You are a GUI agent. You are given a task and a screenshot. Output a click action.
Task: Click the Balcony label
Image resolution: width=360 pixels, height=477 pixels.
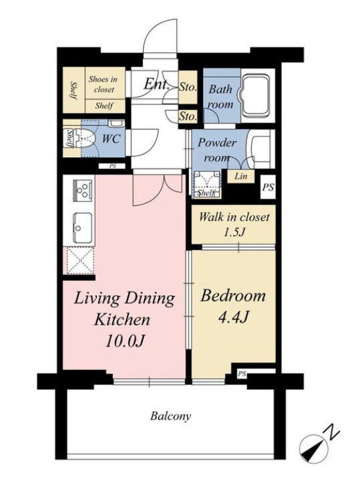(170, 416)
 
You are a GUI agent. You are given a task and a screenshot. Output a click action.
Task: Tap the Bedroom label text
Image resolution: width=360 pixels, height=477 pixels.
(232, 296)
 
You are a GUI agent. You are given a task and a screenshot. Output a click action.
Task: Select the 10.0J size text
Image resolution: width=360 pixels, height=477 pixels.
(124, 341)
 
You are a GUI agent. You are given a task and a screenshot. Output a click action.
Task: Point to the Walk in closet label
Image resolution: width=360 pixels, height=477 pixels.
(234, 217)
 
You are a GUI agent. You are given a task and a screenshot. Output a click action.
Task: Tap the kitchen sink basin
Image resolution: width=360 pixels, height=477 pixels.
(82, 228)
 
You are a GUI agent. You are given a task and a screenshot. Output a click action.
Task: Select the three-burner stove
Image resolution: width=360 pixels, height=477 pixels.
(82, 191)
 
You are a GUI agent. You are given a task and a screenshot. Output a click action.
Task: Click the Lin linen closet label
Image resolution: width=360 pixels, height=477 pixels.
(241, 176)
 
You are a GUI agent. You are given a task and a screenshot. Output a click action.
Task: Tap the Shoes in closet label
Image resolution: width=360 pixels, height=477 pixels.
(104, 84)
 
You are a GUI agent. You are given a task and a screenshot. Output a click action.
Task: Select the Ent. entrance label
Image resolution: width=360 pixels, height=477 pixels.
(156, 84)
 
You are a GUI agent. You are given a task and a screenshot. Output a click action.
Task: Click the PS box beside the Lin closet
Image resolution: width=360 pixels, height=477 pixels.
(268, 187)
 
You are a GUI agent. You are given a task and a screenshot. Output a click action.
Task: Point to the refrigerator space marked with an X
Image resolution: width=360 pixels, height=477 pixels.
(79, 261)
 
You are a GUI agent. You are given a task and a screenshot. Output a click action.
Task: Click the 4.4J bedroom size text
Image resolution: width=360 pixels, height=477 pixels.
(234, 317)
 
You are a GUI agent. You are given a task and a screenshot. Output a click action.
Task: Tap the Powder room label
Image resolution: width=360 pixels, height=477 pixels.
(217, 150)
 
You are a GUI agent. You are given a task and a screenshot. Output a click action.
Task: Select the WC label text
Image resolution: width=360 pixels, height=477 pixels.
(111, 139)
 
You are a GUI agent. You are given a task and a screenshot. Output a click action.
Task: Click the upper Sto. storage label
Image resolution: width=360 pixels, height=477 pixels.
(188, 88)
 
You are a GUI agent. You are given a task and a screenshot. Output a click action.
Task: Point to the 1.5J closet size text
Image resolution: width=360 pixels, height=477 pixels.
(234, 232)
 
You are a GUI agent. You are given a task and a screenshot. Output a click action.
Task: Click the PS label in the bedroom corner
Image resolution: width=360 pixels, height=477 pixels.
(242, 373)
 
